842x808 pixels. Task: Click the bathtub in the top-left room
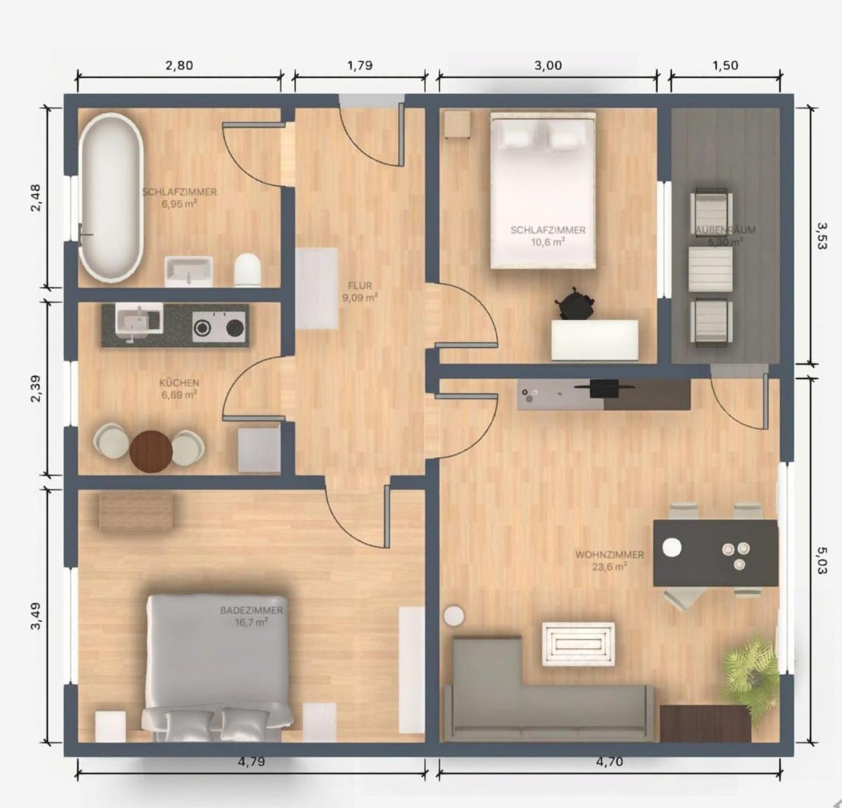[x=111, y=198]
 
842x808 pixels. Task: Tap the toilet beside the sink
[x=248, y=269]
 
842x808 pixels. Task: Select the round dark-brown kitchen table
[x=151, y=450]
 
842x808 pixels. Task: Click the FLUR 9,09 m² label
[x=360, y=292]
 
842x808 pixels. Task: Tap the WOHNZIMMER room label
[x=609, y=560]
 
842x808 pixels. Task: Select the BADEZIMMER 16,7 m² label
[x=251, y=616]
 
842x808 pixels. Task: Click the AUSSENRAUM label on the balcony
[x=725, y=236]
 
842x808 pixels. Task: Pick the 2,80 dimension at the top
[x=179, y=65]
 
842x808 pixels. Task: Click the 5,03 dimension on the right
[x=822, y=560]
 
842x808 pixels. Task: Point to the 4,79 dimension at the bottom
[x=252, y=762]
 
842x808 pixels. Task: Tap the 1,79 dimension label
[x=360, y=65]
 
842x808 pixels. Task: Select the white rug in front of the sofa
[x=577, y=644]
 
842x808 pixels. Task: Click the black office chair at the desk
[x=575, y=303]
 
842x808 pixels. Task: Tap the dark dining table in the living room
[x=715, y=553]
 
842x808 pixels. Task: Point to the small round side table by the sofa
[x=454, y=616]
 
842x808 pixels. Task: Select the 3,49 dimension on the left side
[x=36, y=616]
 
